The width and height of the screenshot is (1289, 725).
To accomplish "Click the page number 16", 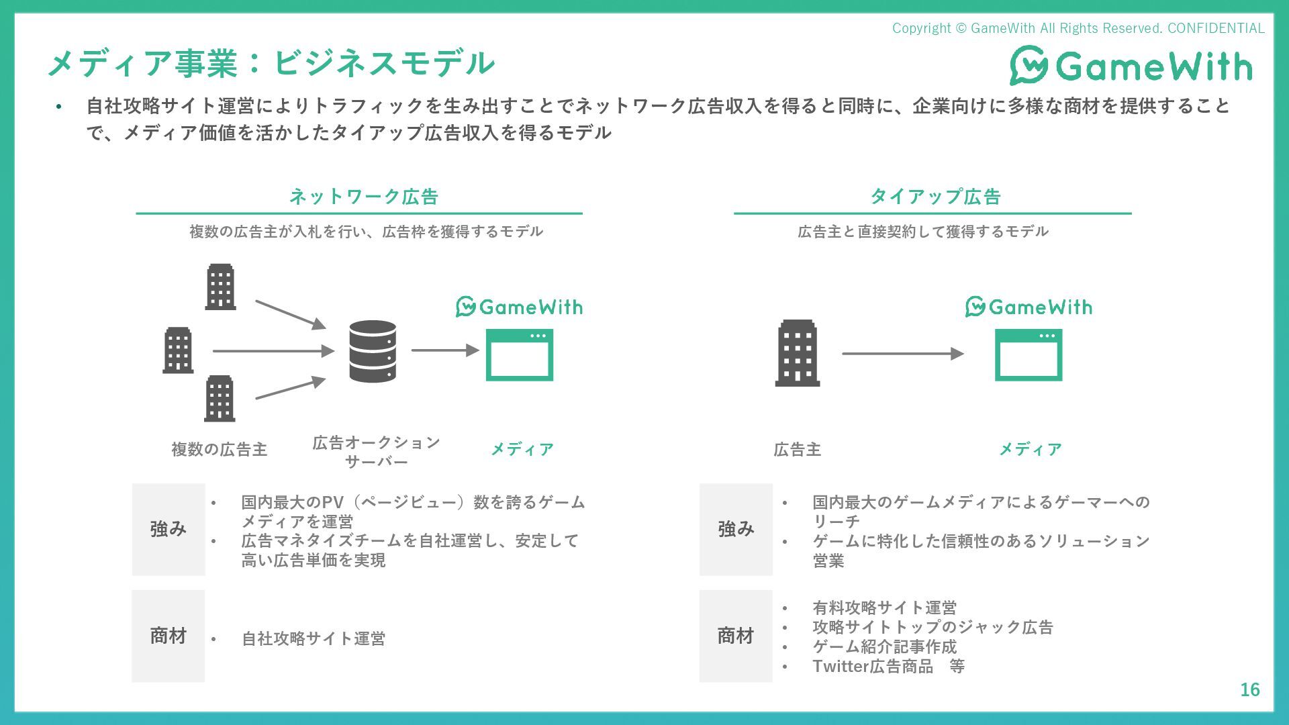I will pyautogui.click(x=1249, y=689).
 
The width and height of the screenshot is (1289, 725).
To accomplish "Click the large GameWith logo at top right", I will pyautogui.click(x=1131, y=66).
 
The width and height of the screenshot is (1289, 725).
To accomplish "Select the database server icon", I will pyautogui.click(x=373, y=351).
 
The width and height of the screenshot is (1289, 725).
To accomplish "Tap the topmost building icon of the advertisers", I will pyautogui.click(x=220, y=287).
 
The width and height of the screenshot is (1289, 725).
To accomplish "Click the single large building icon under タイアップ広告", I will pyautogui.click(x=798, y=353).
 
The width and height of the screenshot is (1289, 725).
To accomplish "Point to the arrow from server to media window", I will pyautogui.click(x=444, y=350).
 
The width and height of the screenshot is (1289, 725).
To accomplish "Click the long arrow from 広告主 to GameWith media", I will pyautogui.click(x=902, y=354).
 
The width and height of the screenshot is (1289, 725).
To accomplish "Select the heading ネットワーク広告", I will pyautogui.click(x=363, y=197).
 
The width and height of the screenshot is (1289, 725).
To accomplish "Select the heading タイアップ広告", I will pyautogui.click(x=935, y=197).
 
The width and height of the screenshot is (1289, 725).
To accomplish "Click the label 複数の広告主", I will pyautogui.click(x=220, y=449).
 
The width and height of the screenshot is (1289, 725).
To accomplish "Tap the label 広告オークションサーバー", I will pyautogui.click(x=376, y=452).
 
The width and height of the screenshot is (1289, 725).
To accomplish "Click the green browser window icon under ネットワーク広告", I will pyautogui.click(x=519, y=355).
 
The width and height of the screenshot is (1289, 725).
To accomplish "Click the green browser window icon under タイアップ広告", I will pyautogui.click(x=1028, y=355).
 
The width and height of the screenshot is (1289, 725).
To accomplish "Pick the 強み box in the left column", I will pyautogui.click(x=169, y=530).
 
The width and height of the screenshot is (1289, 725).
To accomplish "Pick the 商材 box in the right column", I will pyautogui.click(x=736, y=636).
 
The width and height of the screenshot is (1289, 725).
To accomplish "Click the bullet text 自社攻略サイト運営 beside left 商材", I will pyautogui.click(x=314, y=638).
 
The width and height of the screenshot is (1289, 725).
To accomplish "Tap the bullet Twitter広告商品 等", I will pyautogui.click(x=888, y=667).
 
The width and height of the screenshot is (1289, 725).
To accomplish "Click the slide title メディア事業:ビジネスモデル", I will pyautogui.click(x=271, y=63).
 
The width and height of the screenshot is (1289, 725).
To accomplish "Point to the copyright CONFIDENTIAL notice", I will pyautogui.click(x=1078, y=28).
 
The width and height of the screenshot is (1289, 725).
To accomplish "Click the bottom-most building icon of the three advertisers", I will pyautogui.click(x=220, y=399).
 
